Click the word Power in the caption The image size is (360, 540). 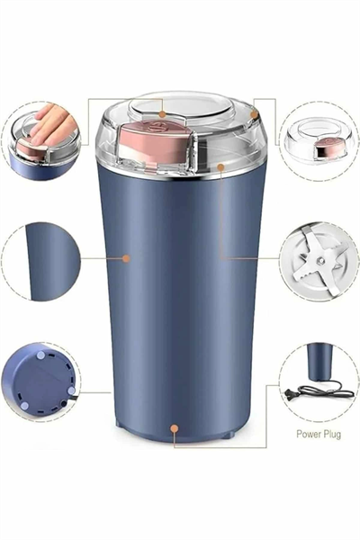point(310,434)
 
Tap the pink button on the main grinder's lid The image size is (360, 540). point(155,139)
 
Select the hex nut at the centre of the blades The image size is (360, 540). point(320,261)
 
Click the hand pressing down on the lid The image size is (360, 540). point(52,125)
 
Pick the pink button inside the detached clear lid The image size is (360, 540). point(330,146)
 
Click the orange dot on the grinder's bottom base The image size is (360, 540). point(175,428)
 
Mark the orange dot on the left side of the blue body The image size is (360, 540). point(126,258)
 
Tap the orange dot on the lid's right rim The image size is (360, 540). point(254,114)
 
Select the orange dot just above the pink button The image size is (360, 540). point(163,114)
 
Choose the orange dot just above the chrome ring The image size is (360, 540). point(220,167)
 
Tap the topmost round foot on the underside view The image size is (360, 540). point(41,355)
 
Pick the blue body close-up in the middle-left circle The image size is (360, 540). point(52,262)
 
